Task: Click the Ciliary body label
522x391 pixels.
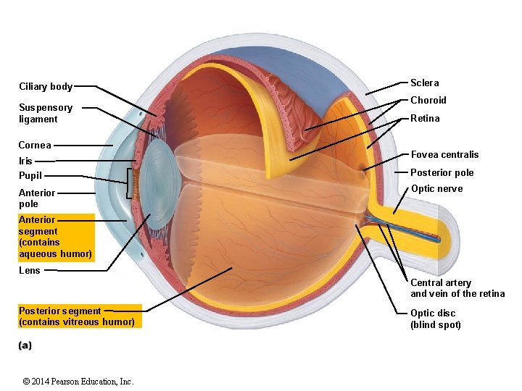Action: click(46, 87)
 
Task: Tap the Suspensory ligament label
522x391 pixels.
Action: click(46, 113)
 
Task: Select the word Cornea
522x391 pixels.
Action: click(35, 145)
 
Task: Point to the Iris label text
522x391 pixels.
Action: click(25, 161)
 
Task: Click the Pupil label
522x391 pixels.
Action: click(30, 175)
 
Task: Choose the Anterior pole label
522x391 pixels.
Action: click(37, 198)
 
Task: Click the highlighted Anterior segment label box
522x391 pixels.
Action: click(56, 237)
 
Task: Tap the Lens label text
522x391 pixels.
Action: click(30, 270)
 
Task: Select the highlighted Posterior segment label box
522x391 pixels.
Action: click(77, 316)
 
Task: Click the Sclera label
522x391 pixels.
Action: click(425, 83)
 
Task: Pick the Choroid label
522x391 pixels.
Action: click(428, 100)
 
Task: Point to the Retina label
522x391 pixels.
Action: click(425, 118)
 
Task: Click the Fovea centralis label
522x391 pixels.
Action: click(444, 154)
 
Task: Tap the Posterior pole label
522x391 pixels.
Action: click(442, 172)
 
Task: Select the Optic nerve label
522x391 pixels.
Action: click(436, 189)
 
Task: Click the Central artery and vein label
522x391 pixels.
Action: click(457, 288)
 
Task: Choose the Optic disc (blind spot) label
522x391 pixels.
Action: click(436, 319)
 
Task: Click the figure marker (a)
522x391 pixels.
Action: click(25, 345)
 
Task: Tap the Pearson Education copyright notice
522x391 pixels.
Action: click(78, 382)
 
